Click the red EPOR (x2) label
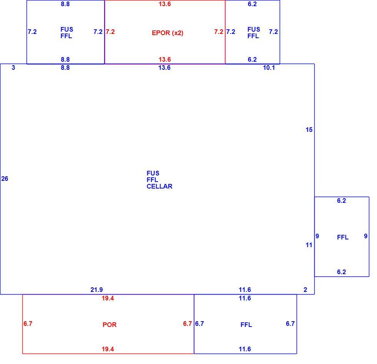point(168,33)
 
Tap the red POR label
point(110,325)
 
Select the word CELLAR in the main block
point(159,186)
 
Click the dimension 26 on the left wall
point(5,179)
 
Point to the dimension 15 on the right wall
point(309,130)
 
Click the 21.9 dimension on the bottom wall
point(97,290)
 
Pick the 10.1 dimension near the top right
point(269,67)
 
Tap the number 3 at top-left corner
point(13,67)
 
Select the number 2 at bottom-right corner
point(305,290)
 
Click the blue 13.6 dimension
point(165,67)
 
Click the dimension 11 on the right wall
point(309,245)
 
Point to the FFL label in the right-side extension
point(343,237)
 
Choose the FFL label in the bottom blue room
point(246,325)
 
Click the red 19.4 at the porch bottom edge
point(108,349)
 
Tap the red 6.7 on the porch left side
point(28,324)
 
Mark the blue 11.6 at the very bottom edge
point(245,349)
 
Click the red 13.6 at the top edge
point(165,4)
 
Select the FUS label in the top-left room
point(67,29)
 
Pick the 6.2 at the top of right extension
point(342,201)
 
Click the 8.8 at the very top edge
point(65,4)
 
